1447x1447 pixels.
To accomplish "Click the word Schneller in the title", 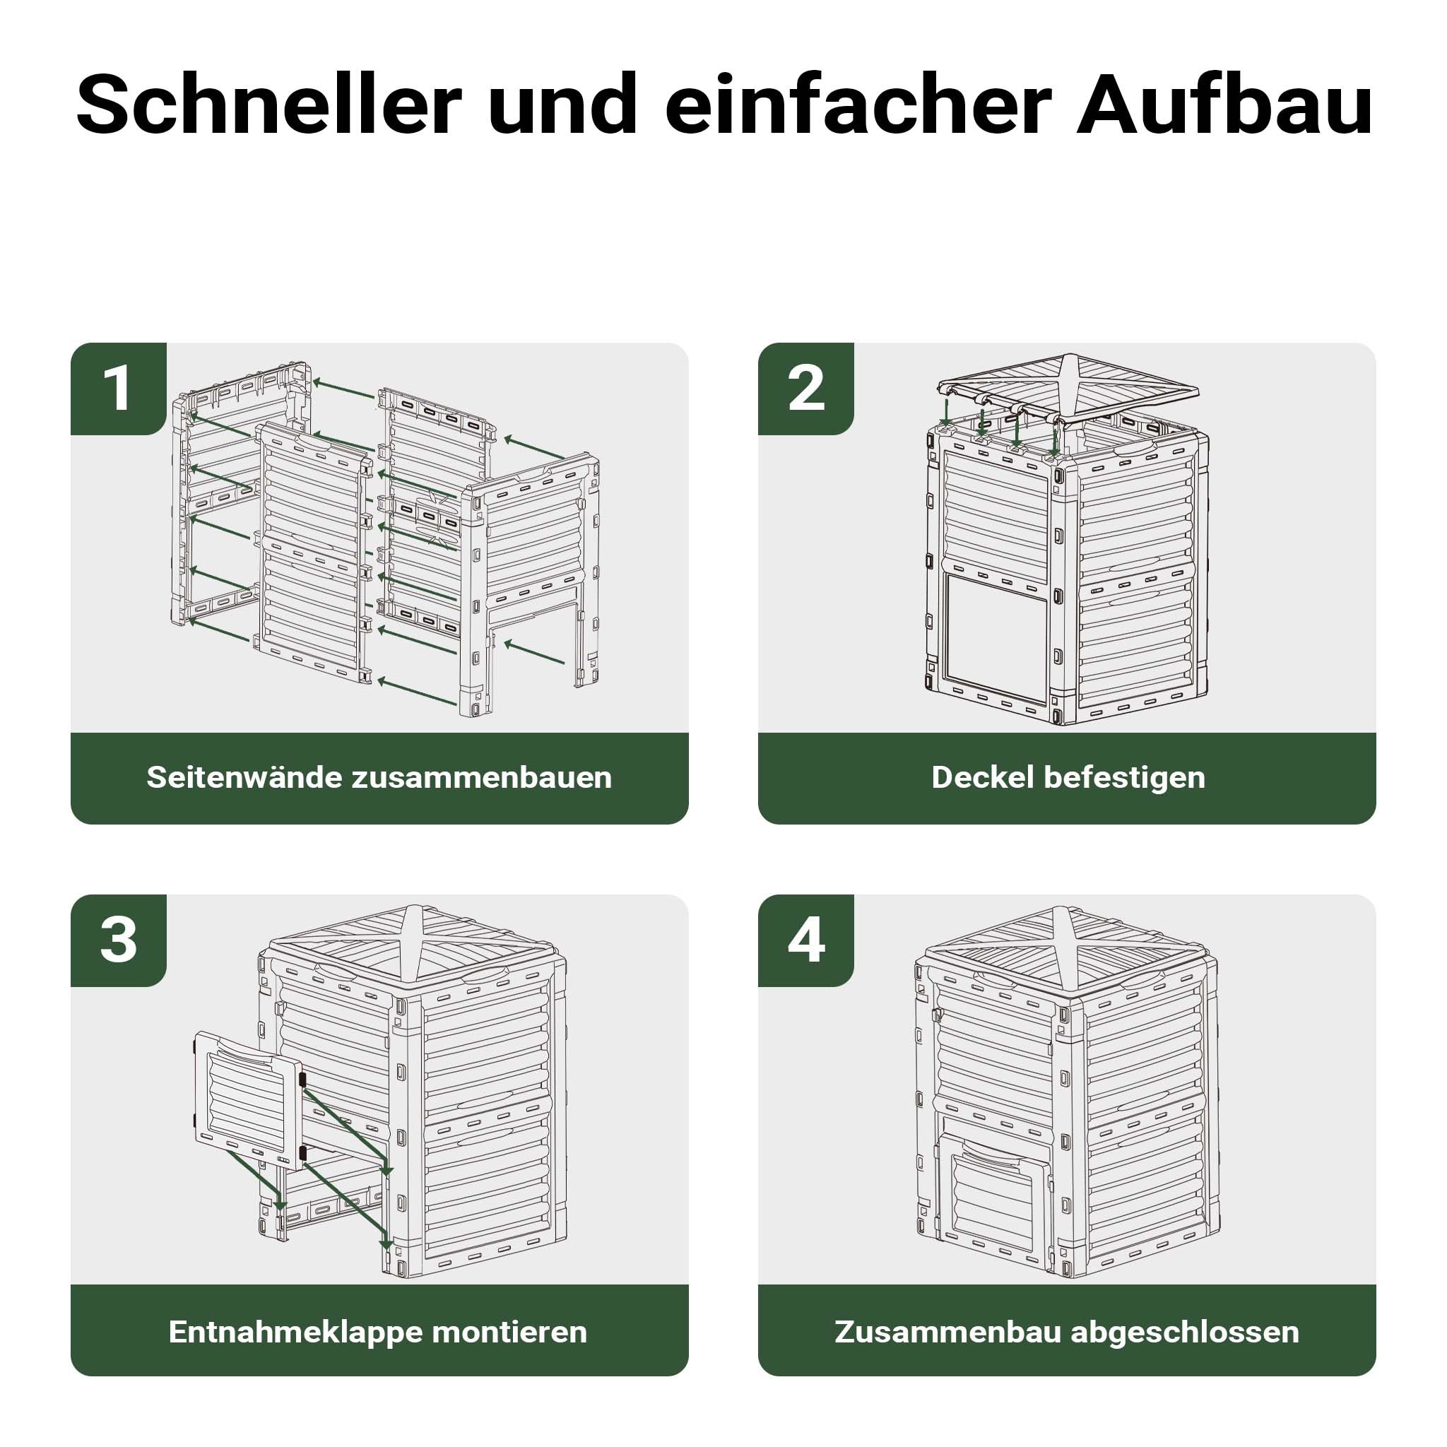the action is pos(269,104).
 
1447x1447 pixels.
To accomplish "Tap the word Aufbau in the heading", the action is pos(1224,104).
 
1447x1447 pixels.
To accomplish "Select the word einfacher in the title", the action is pos(859,104).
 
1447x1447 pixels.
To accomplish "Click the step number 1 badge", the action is pos(118,389).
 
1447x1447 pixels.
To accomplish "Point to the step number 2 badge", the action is pos(806,389).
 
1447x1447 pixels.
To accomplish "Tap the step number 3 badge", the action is pos(118,940).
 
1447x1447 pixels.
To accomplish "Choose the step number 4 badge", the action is pos(806,940).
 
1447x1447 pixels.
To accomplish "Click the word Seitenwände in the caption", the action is pos(244,777).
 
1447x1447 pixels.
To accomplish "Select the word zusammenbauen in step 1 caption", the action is pos(482,777).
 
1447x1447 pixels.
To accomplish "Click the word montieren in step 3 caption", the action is pos(509,1332).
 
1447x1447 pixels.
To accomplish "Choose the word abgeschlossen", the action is pos(1185,1333).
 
